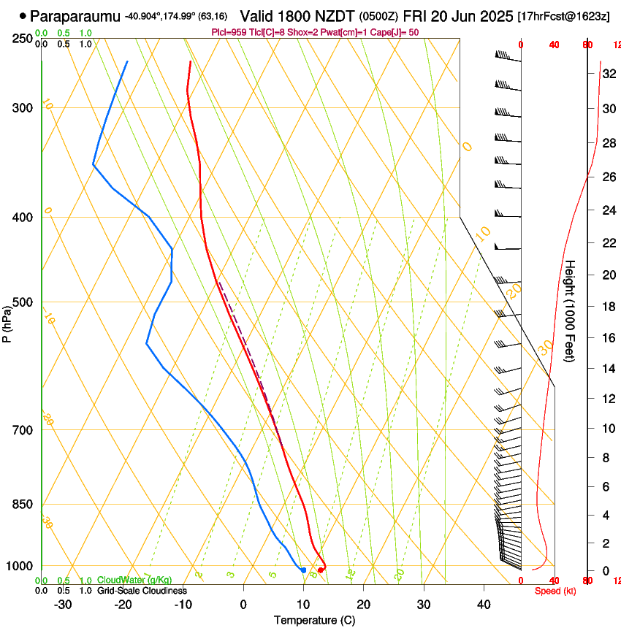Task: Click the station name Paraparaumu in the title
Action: click(76, 15)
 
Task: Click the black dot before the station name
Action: click(23, 15)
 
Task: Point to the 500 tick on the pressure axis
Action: click(23, 302)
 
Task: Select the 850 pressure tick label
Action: click(23, 504)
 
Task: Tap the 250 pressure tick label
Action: click(23, 38)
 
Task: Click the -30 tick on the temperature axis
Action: click(63, 604)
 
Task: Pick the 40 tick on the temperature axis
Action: click(484, 604)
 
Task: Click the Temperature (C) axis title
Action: click(314, 620)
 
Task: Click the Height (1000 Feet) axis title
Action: click(571, 311)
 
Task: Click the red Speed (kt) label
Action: click(555, 590)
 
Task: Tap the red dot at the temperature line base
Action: click(321, 570)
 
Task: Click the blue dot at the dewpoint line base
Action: click(303, 570)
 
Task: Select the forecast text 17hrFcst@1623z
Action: click(563, 16)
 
